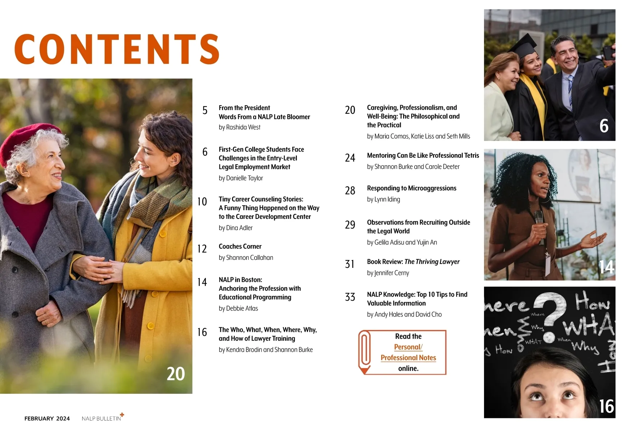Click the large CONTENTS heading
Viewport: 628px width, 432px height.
pos(117,49)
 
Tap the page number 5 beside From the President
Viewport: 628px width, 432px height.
pos(205,110)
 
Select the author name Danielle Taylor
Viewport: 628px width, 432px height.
pos(245,178)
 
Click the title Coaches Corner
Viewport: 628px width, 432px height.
pos(240,246)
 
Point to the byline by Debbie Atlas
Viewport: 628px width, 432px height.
pos(238,308)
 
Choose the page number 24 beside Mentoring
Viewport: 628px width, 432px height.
pos(350,158)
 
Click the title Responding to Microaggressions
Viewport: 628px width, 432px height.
pos(412,188)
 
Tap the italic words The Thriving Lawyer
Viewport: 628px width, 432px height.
pos(432,262)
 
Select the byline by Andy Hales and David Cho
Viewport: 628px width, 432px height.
pos(404,314)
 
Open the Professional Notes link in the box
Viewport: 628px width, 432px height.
pos(408,357)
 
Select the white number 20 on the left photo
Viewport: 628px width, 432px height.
pos(176,374)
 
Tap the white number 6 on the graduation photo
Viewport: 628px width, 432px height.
pos(604,126)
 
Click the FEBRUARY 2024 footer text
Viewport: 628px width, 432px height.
pos(47,418)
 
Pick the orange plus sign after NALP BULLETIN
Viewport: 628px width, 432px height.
pos(122,415)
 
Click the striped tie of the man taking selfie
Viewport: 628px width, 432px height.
pos(570,92)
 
